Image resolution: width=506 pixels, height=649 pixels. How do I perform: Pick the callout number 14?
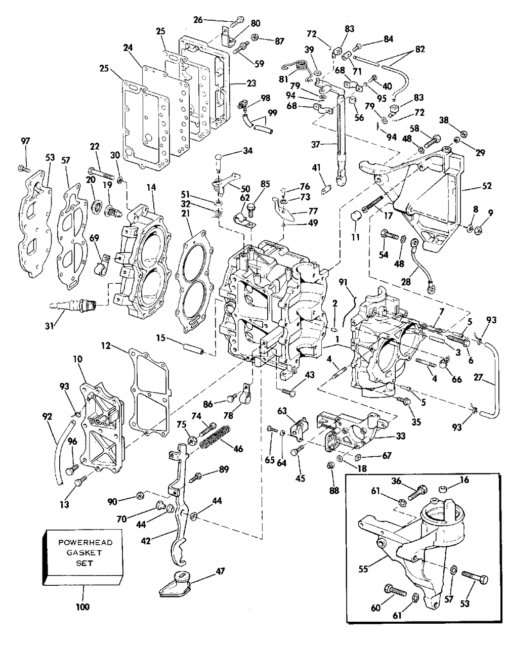151,187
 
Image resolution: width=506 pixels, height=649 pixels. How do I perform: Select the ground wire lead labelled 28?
421,265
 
